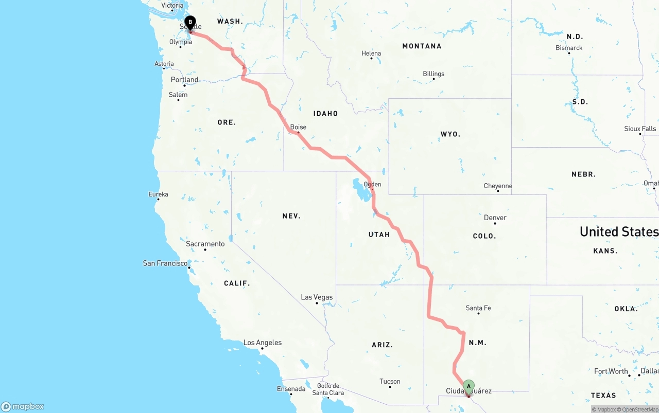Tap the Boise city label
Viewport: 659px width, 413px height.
[x=298, y=127]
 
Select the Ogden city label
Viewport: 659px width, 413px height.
[x=372, y=184]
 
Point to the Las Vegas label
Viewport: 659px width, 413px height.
[x=317, y=297]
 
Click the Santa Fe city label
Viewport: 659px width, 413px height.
[x=478, y=308]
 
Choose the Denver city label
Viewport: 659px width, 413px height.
[x=495, y=218]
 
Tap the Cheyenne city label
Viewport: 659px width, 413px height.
[x=498, y=186]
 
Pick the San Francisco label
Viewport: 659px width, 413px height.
[x=165, y=263]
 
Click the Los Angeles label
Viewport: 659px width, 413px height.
[x=262, y=343]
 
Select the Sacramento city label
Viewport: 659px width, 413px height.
[x=205, y=244]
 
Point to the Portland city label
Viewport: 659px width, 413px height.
[x=184, y=80]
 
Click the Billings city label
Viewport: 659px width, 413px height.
[x=433, y=74]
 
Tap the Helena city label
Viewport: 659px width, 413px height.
[x=371, y=53]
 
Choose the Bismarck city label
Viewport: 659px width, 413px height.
[x=569, y=48]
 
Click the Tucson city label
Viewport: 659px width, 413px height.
[x=390, y=381]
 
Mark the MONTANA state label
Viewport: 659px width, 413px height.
[x=422, y=46]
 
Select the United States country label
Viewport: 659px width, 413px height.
[x=619, y=231]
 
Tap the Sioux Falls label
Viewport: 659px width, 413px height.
[x=640, y=129]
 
